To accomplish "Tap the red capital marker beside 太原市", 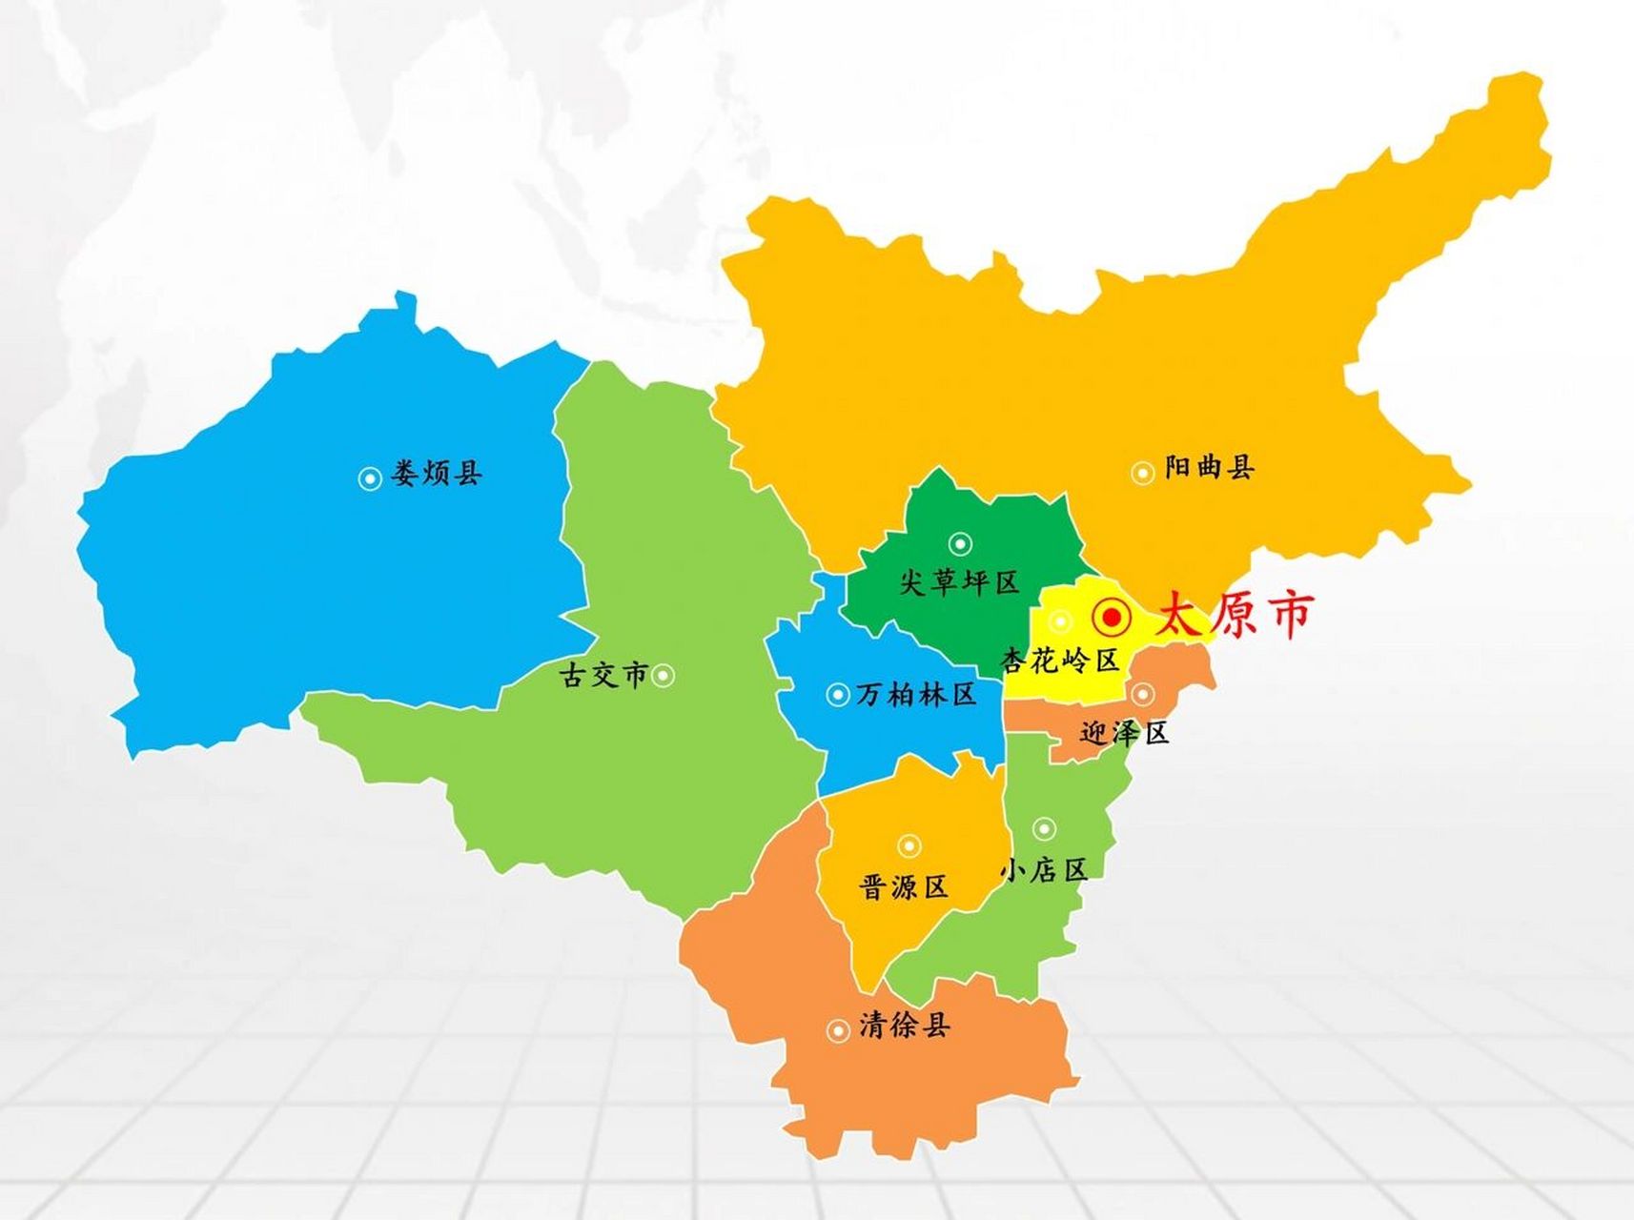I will point(1112,618).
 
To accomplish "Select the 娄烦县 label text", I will point(437,474).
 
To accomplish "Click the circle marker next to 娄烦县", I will point(370,478).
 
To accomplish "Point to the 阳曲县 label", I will point(1209,467).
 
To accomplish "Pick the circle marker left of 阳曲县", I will point(1142,473).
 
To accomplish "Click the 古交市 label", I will point(603,675).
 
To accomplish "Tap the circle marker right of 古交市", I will point(664,676).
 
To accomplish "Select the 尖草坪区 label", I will point(959,581).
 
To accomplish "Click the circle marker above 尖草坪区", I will point(960,544).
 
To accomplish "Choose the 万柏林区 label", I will point(916,694).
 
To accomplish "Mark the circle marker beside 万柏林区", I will point(838,695).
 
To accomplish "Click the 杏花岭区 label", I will point(1060,660).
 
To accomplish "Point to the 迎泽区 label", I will point(1125,732).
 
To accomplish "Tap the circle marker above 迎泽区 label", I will point(1143,693).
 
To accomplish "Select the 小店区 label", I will point(1044,869).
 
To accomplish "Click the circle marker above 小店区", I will point(1045,828).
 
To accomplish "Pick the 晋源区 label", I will point(904,887).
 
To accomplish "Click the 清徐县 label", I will point(904,1026).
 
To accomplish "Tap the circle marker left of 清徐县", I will point(838,1030).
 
